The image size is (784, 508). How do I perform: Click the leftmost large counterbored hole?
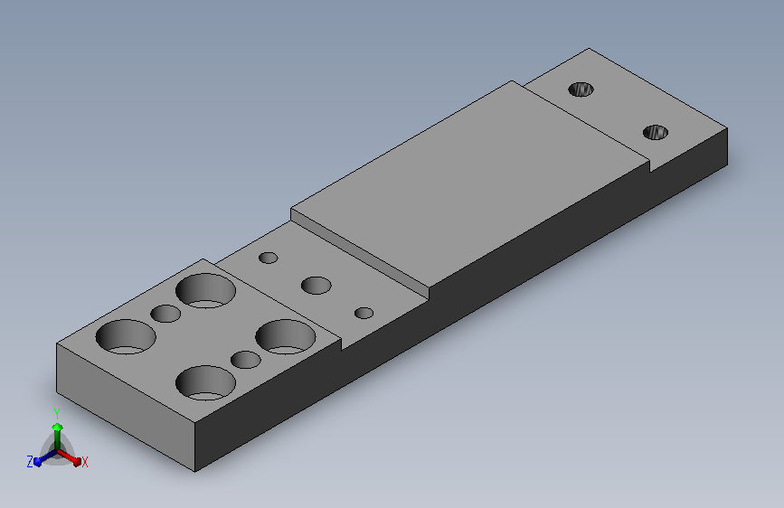pos(126,336)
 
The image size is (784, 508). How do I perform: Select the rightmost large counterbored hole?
pos(286,336)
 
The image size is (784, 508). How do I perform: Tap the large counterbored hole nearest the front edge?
pos(205,383)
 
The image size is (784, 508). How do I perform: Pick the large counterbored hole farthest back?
pos(205,290)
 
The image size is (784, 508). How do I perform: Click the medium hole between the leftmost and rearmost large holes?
pos(165,314)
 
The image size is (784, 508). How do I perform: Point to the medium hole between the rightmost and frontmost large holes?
pos(245,360)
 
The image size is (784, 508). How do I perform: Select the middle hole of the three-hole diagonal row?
pos(316,286)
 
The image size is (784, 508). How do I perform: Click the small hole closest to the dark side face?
pos(364,313)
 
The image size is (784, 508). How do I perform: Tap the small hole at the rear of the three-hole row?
pos(268,258)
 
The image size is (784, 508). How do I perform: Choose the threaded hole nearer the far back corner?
pos(581,89)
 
